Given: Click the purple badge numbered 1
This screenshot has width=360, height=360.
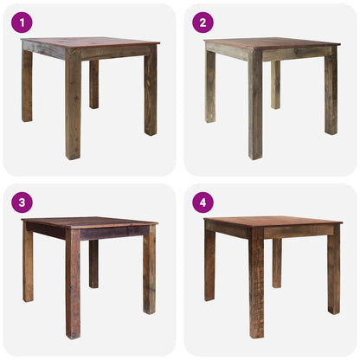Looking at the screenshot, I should (x=22, y=22).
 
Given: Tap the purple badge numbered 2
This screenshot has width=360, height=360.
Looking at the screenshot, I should (x=202, y=22).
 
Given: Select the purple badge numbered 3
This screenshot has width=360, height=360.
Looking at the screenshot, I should (x=22, y=202).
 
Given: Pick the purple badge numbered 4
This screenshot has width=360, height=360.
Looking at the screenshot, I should (x=202, y=202).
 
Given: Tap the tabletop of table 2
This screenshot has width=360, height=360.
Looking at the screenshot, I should (x=271, y=42).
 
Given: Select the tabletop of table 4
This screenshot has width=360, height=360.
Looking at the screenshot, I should (x=271, y=221).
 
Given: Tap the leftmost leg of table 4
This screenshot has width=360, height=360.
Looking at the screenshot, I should (x=209, y=264).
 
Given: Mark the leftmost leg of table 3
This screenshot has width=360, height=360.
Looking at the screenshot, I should (x=28, y=263).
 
